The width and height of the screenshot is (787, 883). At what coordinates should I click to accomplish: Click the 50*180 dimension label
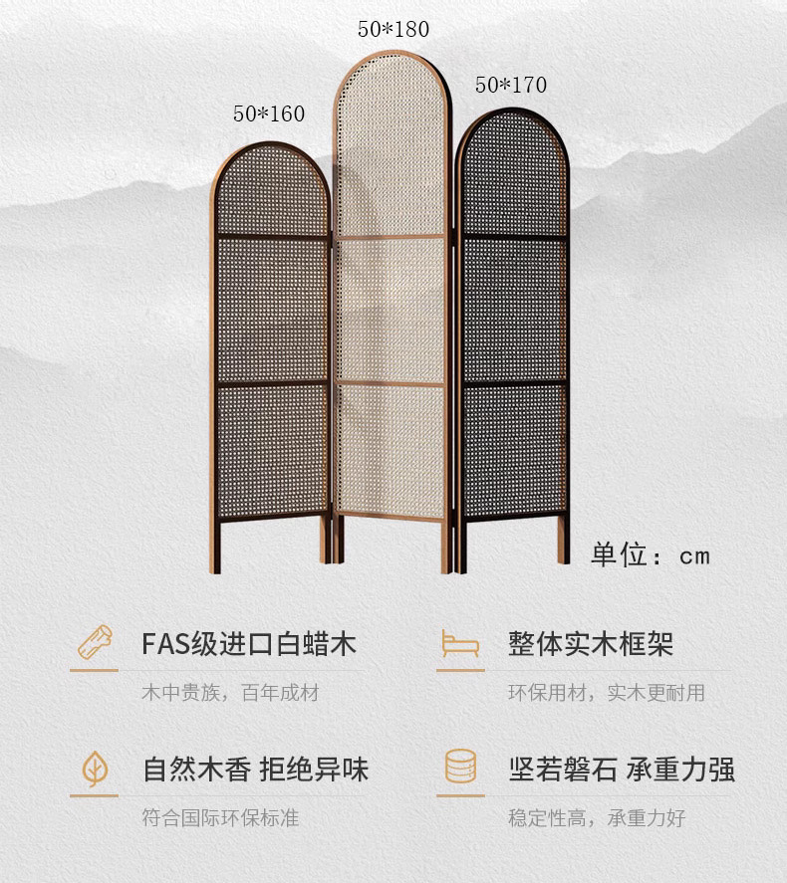(393, 29)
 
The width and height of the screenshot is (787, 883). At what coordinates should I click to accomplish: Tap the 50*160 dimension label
(269, 113)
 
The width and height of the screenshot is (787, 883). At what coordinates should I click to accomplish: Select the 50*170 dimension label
(511, 86)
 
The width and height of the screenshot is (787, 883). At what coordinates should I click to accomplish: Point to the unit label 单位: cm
(652, 554)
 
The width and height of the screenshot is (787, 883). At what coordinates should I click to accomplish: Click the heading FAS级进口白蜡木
(249, 643)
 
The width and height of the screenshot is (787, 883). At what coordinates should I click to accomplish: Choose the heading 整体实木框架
(591, 643)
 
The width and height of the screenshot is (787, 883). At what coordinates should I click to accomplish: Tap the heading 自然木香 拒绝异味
(256, 770)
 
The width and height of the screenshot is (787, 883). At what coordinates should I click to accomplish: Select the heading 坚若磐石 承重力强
(622, 770)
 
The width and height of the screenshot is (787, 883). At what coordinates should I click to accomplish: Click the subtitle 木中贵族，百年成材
(229, 692)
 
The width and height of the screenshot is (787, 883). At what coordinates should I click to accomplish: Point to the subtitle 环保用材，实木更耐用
(607, 692)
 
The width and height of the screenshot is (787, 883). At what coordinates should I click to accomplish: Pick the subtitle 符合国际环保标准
(219, 818)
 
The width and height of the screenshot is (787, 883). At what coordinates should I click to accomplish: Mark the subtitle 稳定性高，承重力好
(597, 818)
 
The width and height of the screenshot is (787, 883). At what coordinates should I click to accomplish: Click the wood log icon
(96, 642)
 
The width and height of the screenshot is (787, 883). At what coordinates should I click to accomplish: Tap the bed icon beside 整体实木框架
(460, 643)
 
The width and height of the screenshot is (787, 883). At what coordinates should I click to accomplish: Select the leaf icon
(96, 769)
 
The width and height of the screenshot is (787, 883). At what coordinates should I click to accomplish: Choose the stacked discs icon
(460, 769)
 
